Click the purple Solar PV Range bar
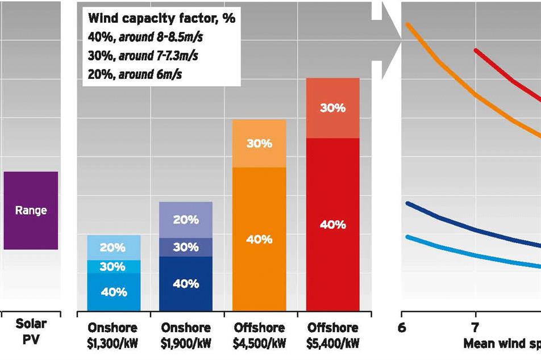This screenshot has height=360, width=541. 31,210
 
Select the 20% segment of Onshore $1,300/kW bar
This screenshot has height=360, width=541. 113,248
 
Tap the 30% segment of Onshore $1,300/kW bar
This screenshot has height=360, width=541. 113,267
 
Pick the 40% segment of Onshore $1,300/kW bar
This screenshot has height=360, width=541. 113,292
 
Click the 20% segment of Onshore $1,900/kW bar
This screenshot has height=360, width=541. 185,220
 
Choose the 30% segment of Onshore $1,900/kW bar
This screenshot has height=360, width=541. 185,247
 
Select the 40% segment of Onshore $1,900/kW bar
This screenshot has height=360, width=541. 185,283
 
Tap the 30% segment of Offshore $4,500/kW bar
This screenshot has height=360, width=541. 259,144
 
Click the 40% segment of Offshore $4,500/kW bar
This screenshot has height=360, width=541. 259,239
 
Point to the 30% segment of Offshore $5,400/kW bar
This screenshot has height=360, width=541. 332,108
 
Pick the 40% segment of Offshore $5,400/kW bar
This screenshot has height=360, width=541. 332,224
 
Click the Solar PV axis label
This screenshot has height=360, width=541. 31,331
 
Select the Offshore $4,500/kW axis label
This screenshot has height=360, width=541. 259,335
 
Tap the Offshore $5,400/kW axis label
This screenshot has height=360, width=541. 332,335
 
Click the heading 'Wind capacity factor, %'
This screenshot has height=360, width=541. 161,18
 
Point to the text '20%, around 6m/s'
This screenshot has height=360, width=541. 135,75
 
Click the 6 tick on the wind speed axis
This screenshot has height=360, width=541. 402,328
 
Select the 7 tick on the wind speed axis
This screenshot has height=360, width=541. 475,328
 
